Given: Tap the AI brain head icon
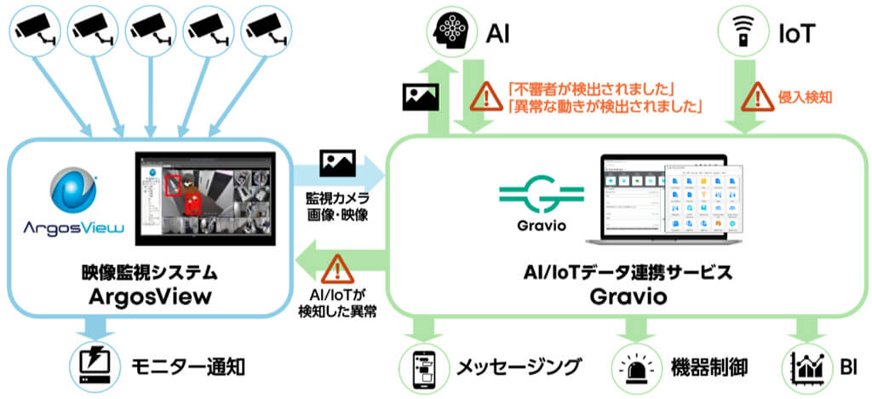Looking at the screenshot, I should tap(450, 32).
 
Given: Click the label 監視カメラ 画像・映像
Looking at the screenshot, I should tap(337, 206).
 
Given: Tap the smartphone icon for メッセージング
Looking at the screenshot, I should tap(423, 367).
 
